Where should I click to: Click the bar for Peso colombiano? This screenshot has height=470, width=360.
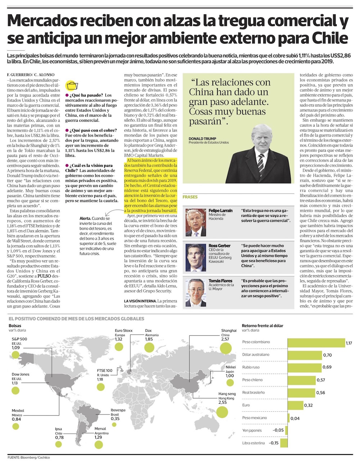tap(316, 343)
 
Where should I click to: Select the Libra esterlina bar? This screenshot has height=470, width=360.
tap(284, 443)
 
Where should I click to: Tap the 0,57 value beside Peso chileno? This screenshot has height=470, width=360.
tap(321, 380)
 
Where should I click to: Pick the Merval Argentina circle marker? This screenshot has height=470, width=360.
tap(98, 444)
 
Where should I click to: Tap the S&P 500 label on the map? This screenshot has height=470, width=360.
tap(19, 339)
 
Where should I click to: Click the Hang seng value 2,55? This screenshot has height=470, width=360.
tap(222, 402)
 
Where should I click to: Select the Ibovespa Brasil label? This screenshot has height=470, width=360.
tap(118, 410)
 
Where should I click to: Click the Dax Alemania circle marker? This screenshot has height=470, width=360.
tap(149, 348)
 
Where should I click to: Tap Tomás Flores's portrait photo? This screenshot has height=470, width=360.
tap(195, 293)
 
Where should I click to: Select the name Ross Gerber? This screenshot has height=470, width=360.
tap(219, 246)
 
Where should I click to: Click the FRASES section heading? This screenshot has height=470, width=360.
tap(190, 197)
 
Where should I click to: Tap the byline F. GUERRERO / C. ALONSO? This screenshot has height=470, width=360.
tap(31, 75)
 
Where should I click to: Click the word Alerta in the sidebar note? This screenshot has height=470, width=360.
tap(85, 218)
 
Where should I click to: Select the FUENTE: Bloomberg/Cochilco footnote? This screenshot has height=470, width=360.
tap(29, 457)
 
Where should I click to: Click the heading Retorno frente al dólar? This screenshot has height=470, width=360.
tap(262, 326)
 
